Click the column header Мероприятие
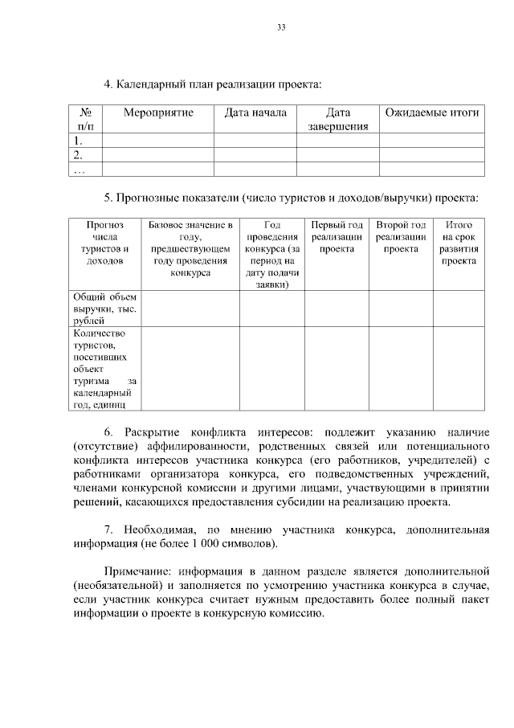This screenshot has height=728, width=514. point(158,112)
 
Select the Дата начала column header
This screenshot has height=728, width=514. point(255,112)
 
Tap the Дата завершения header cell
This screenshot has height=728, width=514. point(338,119)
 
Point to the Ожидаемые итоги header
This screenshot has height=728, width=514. point(432,112)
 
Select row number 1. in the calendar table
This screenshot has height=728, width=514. point(78,141)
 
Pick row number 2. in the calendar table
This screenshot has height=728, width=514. point(78,155)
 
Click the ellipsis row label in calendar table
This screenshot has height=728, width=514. point(78,170)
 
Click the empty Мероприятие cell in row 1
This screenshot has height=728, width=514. point(158,141)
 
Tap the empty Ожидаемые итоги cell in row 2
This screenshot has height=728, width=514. point(432,155)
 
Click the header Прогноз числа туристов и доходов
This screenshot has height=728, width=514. point(105,243)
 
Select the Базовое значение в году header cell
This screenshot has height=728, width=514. point(190,248)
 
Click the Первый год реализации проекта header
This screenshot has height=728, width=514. point(337,237)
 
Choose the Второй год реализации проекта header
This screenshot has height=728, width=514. point(401,237)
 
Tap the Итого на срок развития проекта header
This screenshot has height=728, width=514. point(459,243)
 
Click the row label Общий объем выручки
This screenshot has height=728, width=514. point(105,309)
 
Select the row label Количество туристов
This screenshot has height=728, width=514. point(105,369)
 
